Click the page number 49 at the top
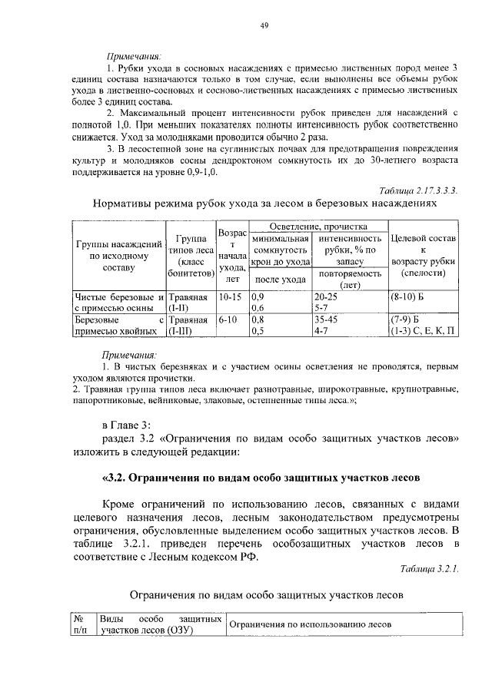pyautogui.click(x=263, y=26)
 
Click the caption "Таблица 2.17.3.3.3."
pyautogui.click(x=418, y=190)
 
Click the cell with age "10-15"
pyautogui.click(x=230, y=296)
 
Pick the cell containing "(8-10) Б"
pyautogui.click(x=407, y=296)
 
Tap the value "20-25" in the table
pyautogui.click(x=326, y=296)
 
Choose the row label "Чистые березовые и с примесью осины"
pyautogui.click(x=118, y=302)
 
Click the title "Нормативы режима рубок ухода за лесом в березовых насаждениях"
pyautogui.click(x=264, y=205)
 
